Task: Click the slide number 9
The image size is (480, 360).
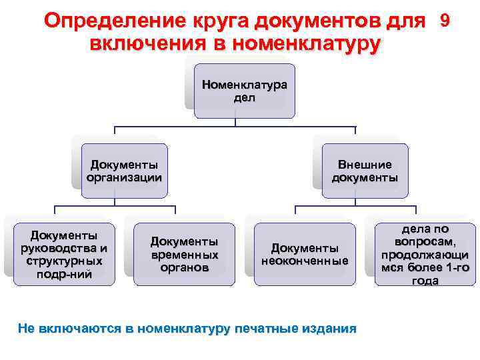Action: (445, 21)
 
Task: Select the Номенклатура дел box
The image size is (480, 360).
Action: (244, 91)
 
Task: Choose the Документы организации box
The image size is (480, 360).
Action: (124, 171)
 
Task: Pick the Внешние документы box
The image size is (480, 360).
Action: (365, 171)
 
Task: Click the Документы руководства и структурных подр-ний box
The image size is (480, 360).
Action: (64, 254)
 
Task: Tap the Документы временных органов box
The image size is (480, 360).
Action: (184, 254)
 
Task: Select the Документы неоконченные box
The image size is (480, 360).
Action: (305, 254)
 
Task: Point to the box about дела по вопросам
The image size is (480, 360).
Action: (425, 254)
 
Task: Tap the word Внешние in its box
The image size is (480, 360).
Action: (365, 165)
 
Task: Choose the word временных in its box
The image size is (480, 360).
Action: (184, 254)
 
